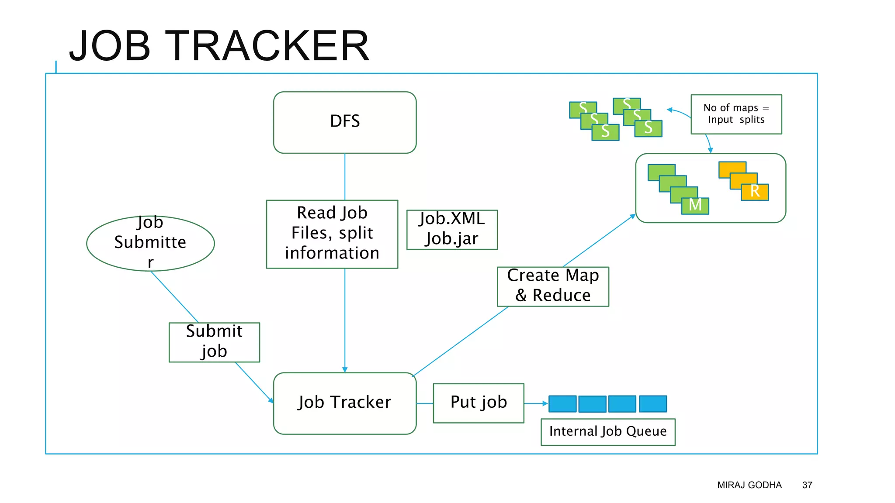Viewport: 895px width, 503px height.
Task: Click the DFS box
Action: [x=344, y=122]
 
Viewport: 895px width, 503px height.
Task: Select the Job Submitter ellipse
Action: [x=150, y=243]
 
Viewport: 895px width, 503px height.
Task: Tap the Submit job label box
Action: [x=214, y=342]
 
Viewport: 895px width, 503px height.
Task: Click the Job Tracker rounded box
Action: [x=344, y=403]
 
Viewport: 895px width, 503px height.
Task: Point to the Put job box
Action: [x=478, y=403]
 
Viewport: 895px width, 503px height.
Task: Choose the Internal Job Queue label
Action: [x=607, y=432]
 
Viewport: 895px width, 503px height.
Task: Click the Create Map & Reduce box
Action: [x=552, y=286]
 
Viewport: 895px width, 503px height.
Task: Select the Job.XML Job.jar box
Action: [x=451, y=229]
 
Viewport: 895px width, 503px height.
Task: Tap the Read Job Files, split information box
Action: [x=332, y=234]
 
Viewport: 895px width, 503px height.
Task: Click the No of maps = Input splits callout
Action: [x=736, y=114]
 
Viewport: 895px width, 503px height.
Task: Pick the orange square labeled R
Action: [x=755, y=192]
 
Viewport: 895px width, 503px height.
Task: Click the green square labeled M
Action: [x=695, y=205]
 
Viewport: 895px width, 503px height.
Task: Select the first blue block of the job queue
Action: [x=562, y=403]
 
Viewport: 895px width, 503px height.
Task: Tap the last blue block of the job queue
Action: [x=652, y=403]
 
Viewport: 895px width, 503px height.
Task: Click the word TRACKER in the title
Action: [x=267, y=46]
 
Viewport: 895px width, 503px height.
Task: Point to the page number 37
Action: [x=807, y=485]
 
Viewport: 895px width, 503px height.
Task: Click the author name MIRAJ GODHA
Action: [x=749, y=485]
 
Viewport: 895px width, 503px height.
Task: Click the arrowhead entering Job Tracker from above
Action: [x=345, y=369]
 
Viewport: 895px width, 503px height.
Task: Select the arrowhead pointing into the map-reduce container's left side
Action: [x=633, y=216]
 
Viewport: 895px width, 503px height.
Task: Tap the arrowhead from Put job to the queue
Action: [x=545, y=403]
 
